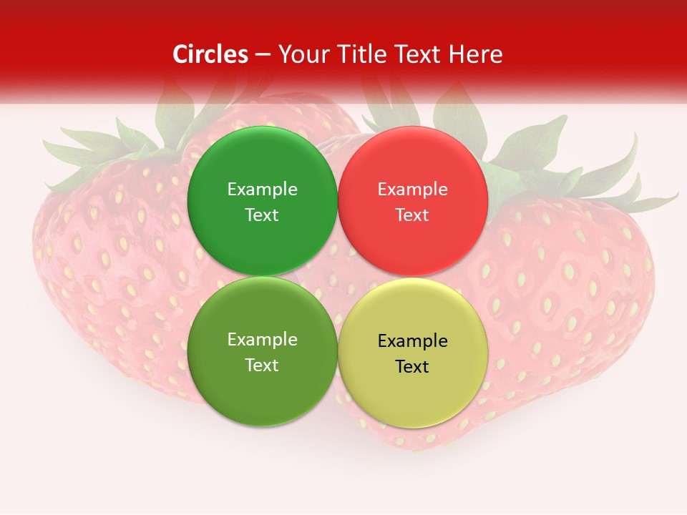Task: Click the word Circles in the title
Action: [210, 54]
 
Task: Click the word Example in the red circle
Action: [412, 190]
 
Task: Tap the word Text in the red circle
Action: [412, 215]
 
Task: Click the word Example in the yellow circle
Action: [412, 341]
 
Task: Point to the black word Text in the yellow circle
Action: [412, 367]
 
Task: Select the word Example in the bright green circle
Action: [262, 190]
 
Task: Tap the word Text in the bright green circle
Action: [262, 215]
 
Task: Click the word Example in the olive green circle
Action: [262, 340]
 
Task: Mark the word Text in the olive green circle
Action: [262, 366]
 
